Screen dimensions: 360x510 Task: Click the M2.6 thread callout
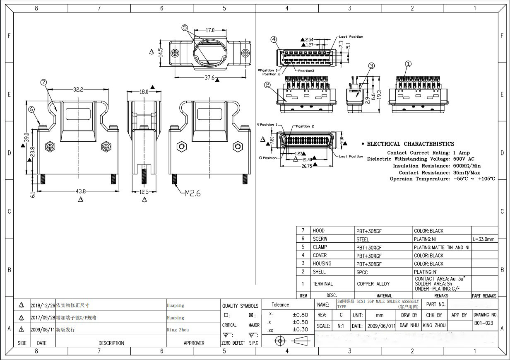pyautogui.click(x=192, y=193)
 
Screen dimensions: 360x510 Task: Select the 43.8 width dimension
pyautogui.click(x=81, y=191)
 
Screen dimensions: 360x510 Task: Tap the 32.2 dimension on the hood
pyautogui.click(x=79, y=89)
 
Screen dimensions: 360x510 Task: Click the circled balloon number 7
pyautogui.click(x=44, y=82)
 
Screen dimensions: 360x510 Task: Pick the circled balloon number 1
pyautogui.click(x=408, y=64)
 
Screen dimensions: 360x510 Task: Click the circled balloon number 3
pyautogui.click(x=371, y=65)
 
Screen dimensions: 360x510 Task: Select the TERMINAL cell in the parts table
pyautogui.click(x=323, y=284)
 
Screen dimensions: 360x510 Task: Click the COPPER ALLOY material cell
pyautogui.click(x=374, y=284)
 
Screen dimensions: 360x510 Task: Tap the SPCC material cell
pyautogui.click(x=362, y=272)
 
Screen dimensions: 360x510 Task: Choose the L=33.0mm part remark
pyautogui.click(x=484, y=239)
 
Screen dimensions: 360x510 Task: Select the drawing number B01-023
pyautogui.click(x=484, y=323)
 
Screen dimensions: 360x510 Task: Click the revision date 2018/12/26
pyautogui.click(x=42, y=305)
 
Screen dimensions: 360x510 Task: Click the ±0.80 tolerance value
pyautogui.click(x=300, y=315)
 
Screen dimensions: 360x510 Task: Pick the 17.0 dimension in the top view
pyautogui.click(x=210, y=30)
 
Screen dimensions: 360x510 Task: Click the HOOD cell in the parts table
pyautogui.click(x=319, y=230)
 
